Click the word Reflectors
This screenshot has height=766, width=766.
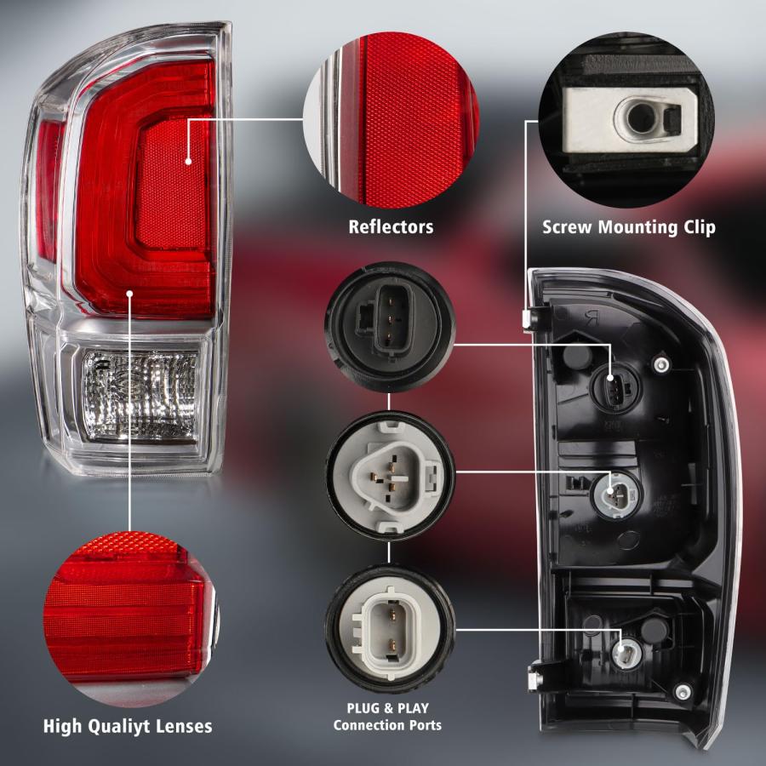(x=391, y=226)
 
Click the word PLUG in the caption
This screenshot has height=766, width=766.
(x=363, y=708)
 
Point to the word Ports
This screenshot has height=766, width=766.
(x=423, y=725)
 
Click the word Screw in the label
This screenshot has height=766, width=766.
(x=568, y=227)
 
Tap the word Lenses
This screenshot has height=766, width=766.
(x=184, y=726)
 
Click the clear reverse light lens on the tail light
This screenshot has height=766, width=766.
(x=140, y=396)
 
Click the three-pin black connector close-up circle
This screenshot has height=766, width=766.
(x=389, y=327)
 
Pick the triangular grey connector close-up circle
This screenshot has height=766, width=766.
(x=390, y=476)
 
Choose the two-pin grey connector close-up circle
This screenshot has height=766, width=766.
(x=390, y=629)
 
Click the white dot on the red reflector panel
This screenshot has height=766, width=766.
(x=189, y=161)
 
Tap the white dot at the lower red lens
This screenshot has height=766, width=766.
(x=129, y=293)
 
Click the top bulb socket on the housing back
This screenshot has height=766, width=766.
(x=614, y=386)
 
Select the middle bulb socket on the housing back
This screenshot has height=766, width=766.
(x=615, y=495)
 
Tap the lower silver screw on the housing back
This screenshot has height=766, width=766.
(x=683, y=691)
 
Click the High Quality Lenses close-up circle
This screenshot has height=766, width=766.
(x=132, y=618)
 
